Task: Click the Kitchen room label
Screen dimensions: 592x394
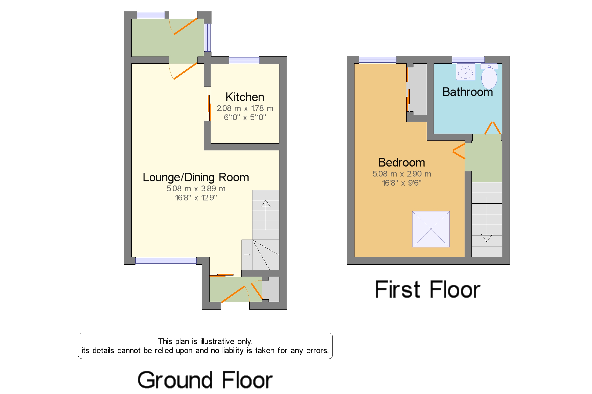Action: tap(245, 97)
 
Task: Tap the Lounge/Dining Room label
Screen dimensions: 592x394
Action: tap(196, 177)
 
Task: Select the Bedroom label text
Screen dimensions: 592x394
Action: tap(402, 162)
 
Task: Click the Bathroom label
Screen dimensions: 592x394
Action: tap(467, 92)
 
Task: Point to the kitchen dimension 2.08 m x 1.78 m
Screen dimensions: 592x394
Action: tap(245, 108)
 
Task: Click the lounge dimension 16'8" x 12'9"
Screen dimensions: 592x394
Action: tap(196, 198)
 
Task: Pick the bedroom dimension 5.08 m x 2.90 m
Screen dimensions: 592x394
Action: tap(402, 174)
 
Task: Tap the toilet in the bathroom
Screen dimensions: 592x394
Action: tap(489, 76)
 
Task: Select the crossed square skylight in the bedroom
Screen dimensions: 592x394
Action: tap(431, 229)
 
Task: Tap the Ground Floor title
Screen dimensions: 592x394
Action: tap(205, 380)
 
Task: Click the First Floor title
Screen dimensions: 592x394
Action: tap(427, 289)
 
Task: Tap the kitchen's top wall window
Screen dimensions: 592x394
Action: tap(244, 60)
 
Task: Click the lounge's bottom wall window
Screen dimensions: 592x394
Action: tap(166, 261)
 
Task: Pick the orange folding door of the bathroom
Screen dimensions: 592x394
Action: tap(492, 128)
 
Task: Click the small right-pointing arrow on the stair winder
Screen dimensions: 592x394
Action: tap(247, 255)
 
